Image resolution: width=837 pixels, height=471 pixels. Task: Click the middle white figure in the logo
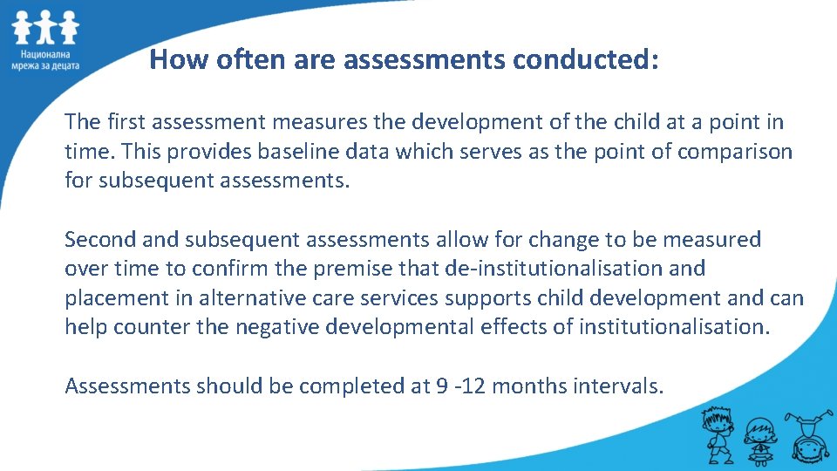click(45, 30)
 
